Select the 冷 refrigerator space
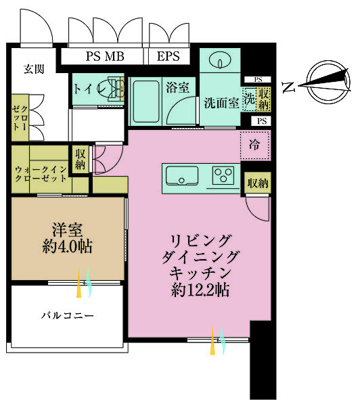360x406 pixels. point(254,144)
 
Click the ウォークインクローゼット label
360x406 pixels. point(41,174)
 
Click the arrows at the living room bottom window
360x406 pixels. point(217,339)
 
